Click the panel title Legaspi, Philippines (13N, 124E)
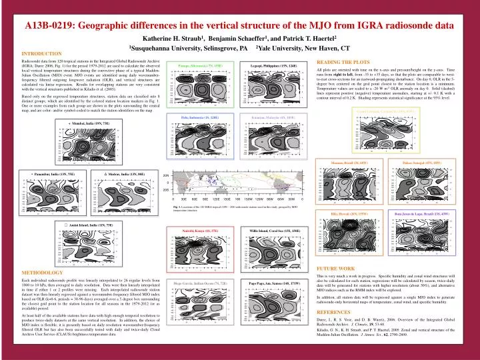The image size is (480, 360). (270, 66)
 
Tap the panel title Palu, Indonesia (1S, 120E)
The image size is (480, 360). (199, 117)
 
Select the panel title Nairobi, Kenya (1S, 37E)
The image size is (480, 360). (199, 229)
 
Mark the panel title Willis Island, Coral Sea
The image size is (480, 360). (270, 229)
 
